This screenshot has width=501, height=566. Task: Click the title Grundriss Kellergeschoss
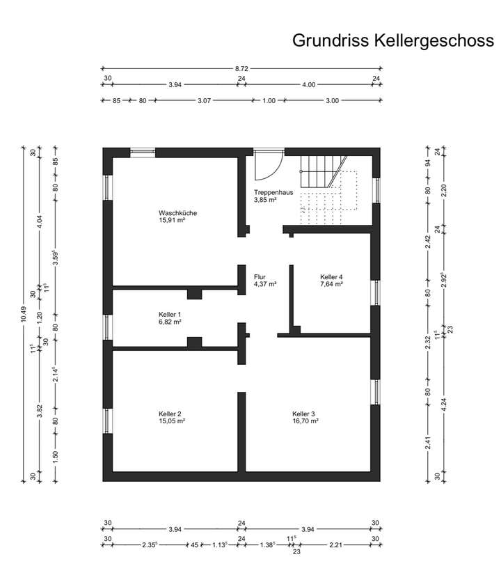pyautogui.click(x=393, y=40)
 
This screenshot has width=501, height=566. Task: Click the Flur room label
pyautogui.click(x=260, y=276)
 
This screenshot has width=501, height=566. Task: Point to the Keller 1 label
pyautogui.click(x=170, y=315)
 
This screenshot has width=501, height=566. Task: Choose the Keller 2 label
pyautogui.click(x=170, y=414)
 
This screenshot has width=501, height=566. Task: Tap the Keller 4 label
pyautogui.click(x=331, y=276)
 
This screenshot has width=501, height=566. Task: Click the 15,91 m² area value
pyautogui.click(x=172, y=221)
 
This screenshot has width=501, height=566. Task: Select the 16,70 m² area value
pyautogui.click(x=305, y=421)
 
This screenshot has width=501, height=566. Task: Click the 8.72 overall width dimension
pyautogui.click(x=241, y=69)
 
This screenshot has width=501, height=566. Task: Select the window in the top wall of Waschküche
pyautogui.click(x=143, y=151)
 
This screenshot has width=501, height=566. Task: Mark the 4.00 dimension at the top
pyautogui.click(x=308, y=84)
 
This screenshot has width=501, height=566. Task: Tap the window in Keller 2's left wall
pyautogui.click(x=107, y=420)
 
